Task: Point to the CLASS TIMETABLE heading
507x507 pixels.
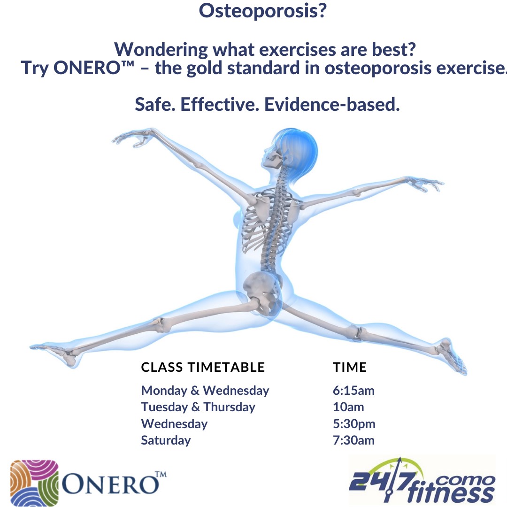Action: (203, 367)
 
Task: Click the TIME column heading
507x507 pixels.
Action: (350, 367)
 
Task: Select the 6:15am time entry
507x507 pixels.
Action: (353, 391)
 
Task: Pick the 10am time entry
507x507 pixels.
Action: (348, 407)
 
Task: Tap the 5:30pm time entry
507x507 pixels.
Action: (354, 424)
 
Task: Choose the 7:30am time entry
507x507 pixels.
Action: (353, 440)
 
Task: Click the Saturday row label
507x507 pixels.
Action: (166, 440)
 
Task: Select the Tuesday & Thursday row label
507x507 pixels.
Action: (198, 407)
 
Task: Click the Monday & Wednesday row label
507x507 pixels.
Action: (205, 391)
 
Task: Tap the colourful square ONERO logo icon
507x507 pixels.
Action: (34, 482)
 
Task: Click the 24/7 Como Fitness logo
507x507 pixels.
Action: (422, 481)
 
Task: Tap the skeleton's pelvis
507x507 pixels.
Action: (263, 291)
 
